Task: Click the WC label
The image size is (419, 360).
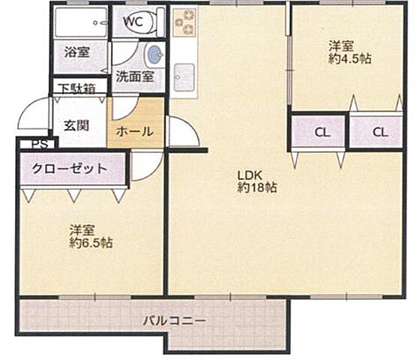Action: point(133,21)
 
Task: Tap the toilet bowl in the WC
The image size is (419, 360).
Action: point(153,22)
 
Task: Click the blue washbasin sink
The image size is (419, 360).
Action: point(154,54)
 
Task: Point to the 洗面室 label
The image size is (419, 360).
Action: point(135,76)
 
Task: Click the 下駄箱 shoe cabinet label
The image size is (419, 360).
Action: point(77,88)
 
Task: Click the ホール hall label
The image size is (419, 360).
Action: point(136,131)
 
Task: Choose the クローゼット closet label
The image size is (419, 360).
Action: point(70,168)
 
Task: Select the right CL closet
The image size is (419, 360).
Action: point(379,133)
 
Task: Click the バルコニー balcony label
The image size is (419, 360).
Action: point(175,321)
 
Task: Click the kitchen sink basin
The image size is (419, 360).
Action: point(184,76)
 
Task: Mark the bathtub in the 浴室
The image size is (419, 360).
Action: point(80,22)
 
